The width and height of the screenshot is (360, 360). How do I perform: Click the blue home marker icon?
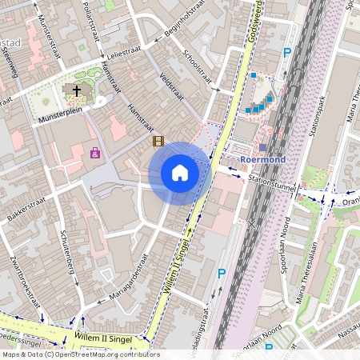(x=179, y=173)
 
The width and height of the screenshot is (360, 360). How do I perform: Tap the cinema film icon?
(x=158, y=141)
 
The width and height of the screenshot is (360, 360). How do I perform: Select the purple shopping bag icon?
(x=95, y=153)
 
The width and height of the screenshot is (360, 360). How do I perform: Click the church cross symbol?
(x=77, y=90)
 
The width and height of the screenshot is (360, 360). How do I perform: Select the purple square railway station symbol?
(x=263, y=147)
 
